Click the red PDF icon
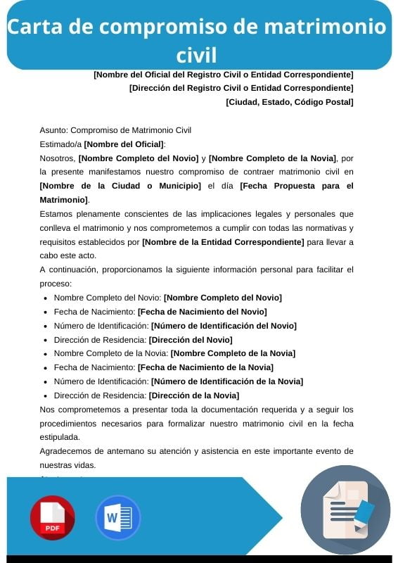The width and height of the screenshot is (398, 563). (52, 517)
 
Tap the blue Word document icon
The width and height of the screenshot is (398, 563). (118, 517)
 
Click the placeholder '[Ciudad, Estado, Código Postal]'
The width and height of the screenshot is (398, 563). (290, 102)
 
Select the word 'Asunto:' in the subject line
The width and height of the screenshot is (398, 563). (54, 129)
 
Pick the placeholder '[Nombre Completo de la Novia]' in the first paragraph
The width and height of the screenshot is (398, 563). (273, 158)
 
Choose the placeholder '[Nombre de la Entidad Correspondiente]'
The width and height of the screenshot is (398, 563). (223, 242)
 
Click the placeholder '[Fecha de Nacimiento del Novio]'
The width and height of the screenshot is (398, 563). (203, 312)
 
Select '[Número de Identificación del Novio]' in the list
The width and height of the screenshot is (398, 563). (224, 326)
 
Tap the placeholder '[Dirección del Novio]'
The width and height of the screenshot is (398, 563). (191, 340)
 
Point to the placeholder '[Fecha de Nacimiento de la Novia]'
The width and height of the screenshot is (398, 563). (205, 367)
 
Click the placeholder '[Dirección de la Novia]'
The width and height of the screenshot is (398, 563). (194, 396)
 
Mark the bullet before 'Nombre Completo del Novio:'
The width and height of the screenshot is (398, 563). (46, 298)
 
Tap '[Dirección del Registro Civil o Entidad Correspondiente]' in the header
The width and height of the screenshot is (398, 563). (241, 88)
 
